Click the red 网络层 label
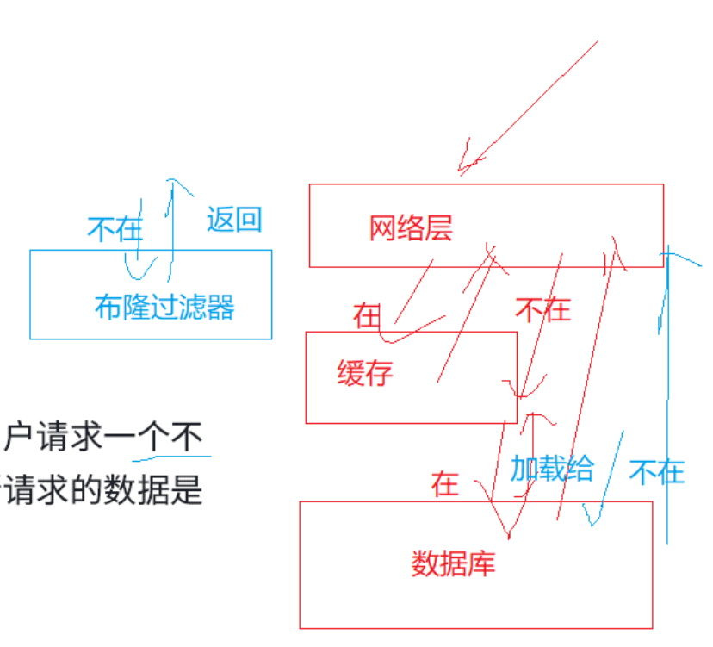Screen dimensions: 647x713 (x=411, y=228)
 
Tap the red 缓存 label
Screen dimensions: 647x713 (x=365, y=374)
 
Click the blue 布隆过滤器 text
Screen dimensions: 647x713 (x=164, y=307)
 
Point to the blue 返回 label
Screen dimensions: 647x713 (x=233, y=220)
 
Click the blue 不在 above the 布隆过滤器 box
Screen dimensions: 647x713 (x=115, y=228)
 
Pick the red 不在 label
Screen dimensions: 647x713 (x=542, y=309)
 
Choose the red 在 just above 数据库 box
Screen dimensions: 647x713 (x=445, y=484)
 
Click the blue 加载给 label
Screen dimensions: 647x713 (x=552, y=469)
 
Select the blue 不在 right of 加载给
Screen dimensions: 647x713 (x=656, y=471)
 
